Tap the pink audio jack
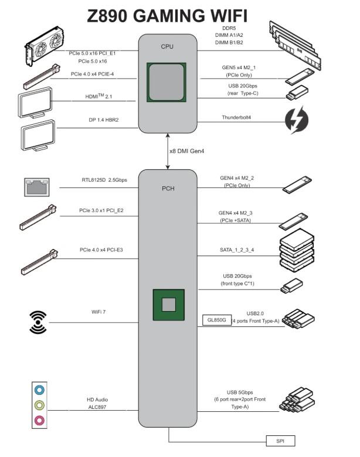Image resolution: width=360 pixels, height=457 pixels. coord(39,419)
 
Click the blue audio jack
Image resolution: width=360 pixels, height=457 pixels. coord(39,389)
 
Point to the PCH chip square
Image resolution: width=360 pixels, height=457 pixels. coord(169,304)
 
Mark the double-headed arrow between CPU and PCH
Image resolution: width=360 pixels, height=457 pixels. coord(168,152)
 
